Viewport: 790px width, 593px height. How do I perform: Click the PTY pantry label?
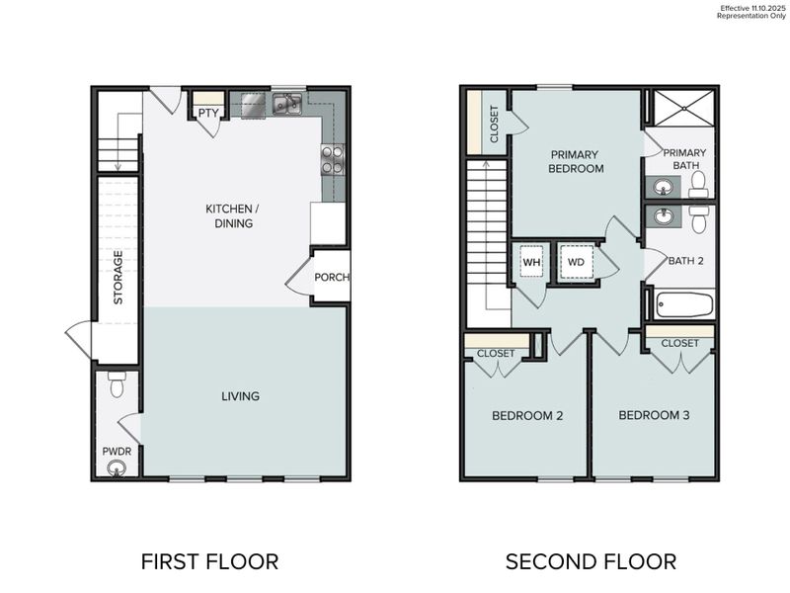207,113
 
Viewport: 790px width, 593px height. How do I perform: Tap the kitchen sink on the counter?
287,103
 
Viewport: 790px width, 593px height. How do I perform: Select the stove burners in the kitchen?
332,159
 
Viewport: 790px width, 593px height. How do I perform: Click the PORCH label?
332,277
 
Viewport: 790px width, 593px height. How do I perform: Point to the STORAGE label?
118,277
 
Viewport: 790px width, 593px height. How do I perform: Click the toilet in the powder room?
117,385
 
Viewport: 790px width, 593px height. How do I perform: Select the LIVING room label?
240,396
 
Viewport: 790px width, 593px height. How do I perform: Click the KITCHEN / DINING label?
229,215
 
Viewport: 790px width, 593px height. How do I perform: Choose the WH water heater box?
531,263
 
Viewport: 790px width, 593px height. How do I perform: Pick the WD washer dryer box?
575,263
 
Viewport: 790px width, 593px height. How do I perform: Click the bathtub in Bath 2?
681,303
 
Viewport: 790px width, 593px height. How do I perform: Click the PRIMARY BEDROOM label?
577,161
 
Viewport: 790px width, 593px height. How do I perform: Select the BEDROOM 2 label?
527,415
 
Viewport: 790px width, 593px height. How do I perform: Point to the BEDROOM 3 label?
654,415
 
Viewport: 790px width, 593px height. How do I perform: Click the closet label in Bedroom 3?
679,343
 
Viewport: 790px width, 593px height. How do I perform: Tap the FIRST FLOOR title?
209,561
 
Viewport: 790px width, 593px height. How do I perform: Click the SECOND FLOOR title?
591,561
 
